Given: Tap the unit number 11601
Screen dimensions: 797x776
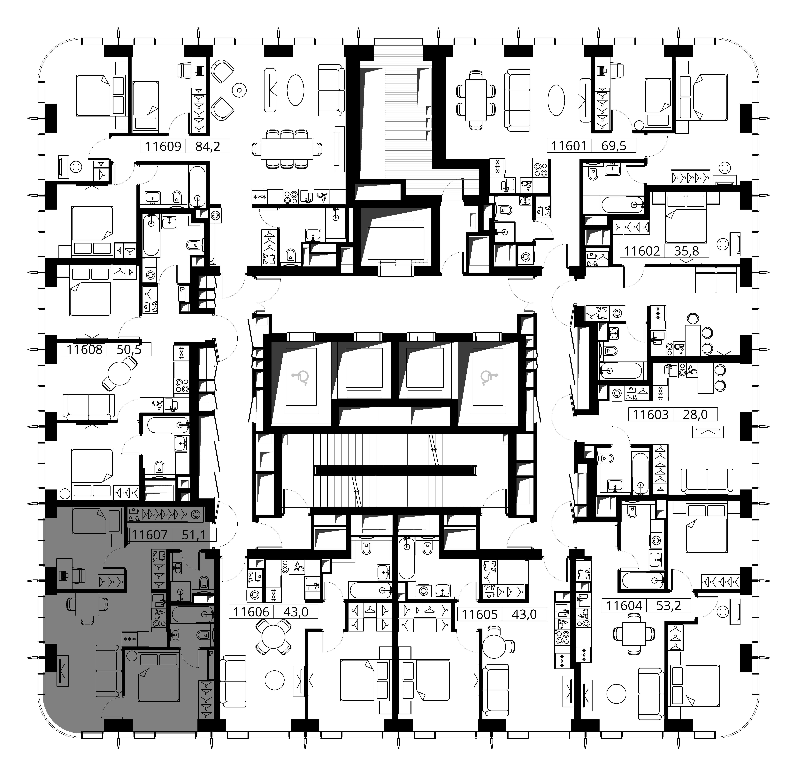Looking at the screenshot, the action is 569,146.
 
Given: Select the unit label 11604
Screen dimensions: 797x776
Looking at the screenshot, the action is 624,606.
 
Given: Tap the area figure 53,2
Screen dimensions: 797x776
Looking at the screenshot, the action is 669,606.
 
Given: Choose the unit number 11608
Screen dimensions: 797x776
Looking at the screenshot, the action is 84,349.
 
